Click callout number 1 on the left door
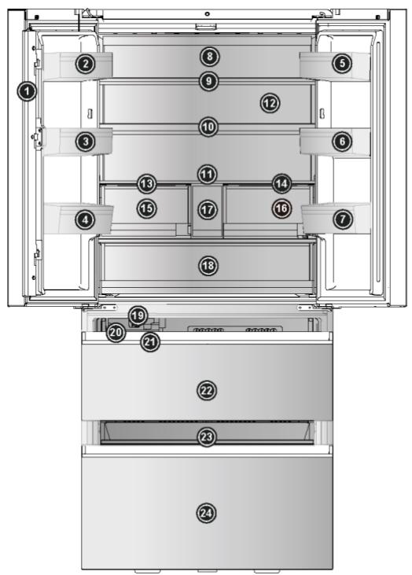click(28, 92)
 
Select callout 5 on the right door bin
click(341, 65)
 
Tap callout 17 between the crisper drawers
click(207, 209)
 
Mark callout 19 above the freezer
click(138, 315)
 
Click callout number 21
click(150, 342)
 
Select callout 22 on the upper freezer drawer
click(207, 390)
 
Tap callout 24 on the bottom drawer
click(207, 513)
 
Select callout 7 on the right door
click(342, 220)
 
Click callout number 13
click(145, 184)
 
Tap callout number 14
click(282, 184)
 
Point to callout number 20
click(116, 332)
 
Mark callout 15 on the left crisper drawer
click(145, 208)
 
